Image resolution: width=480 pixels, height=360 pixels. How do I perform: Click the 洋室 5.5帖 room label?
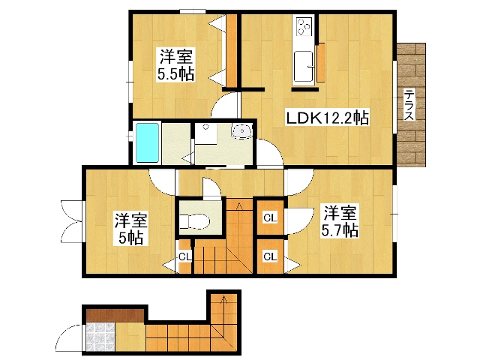point(175,64)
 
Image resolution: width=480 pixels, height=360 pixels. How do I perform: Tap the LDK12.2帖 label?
point(325,118)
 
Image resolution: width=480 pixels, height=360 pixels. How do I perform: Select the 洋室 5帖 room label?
point(130,229)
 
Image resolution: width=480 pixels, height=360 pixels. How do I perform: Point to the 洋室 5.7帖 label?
point(339,221)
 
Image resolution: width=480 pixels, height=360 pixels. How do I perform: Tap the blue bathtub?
point(147,142)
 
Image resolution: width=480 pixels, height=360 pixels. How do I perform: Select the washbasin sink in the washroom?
point(242,132)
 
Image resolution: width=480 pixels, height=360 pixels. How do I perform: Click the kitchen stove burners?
point(304,27)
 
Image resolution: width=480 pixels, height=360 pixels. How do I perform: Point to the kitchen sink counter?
point(304,67)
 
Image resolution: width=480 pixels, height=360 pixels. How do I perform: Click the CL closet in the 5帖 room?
point(184,257)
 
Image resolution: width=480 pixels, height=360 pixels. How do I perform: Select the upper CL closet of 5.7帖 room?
point(270,217)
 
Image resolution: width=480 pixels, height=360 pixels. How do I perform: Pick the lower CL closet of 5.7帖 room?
point(270,256)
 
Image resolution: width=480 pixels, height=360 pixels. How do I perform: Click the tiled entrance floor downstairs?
point(99,337)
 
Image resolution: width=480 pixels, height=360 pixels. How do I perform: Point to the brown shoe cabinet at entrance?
point(114,313)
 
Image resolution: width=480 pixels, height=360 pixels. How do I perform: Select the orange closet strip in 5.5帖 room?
point(232,51)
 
